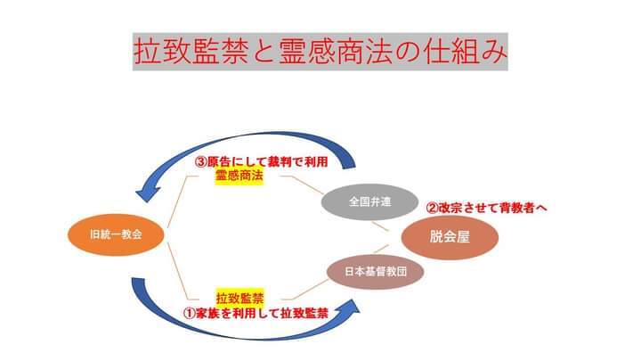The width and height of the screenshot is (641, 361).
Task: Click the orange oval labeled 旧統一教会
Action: pos(116,234)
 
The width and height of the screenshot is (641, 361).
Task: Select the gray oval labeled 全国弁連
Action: pos(369,201)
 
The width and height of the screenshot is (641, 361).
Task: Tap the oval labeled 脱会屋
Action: pos(450,237)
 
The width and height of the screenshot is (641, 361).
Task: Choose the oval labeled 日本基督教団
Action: pos(376,272)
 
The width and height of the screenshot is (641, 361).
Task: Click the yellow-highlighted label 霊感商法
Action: pos(239,176)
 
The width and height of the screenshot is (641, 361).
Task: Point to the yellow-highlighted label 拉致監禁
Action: pos(240,298)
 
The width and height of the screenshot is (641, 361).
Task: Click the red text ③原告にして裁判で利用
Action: pos(261,162)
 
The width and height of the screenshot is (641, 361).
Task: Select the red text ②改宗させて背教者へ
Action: pos(486,208)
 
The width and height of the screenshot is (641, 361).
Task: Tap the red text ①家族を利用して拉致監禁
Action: pos(256,314)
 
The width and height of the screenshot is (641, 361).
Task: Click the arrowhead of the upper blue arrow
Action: pos(147,193)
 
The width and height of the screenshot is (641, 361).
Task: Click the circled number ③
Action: pos(200,162)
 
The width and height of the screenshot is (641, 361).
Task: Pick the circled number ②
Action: pos(432,208)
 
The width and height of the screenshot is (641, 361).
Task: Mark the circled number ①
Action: pos(190,314)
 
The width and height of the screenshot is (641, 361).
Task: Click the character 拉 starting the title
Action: pos(147,52)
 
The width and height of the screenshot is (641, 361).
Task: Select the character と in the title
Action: pos(264,52)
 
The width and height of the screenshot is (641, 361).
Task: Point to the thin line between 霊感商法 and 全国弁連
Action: pos(302,185)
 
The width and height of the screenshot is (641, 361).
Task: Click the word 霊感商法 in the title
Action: pos(335,52)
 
